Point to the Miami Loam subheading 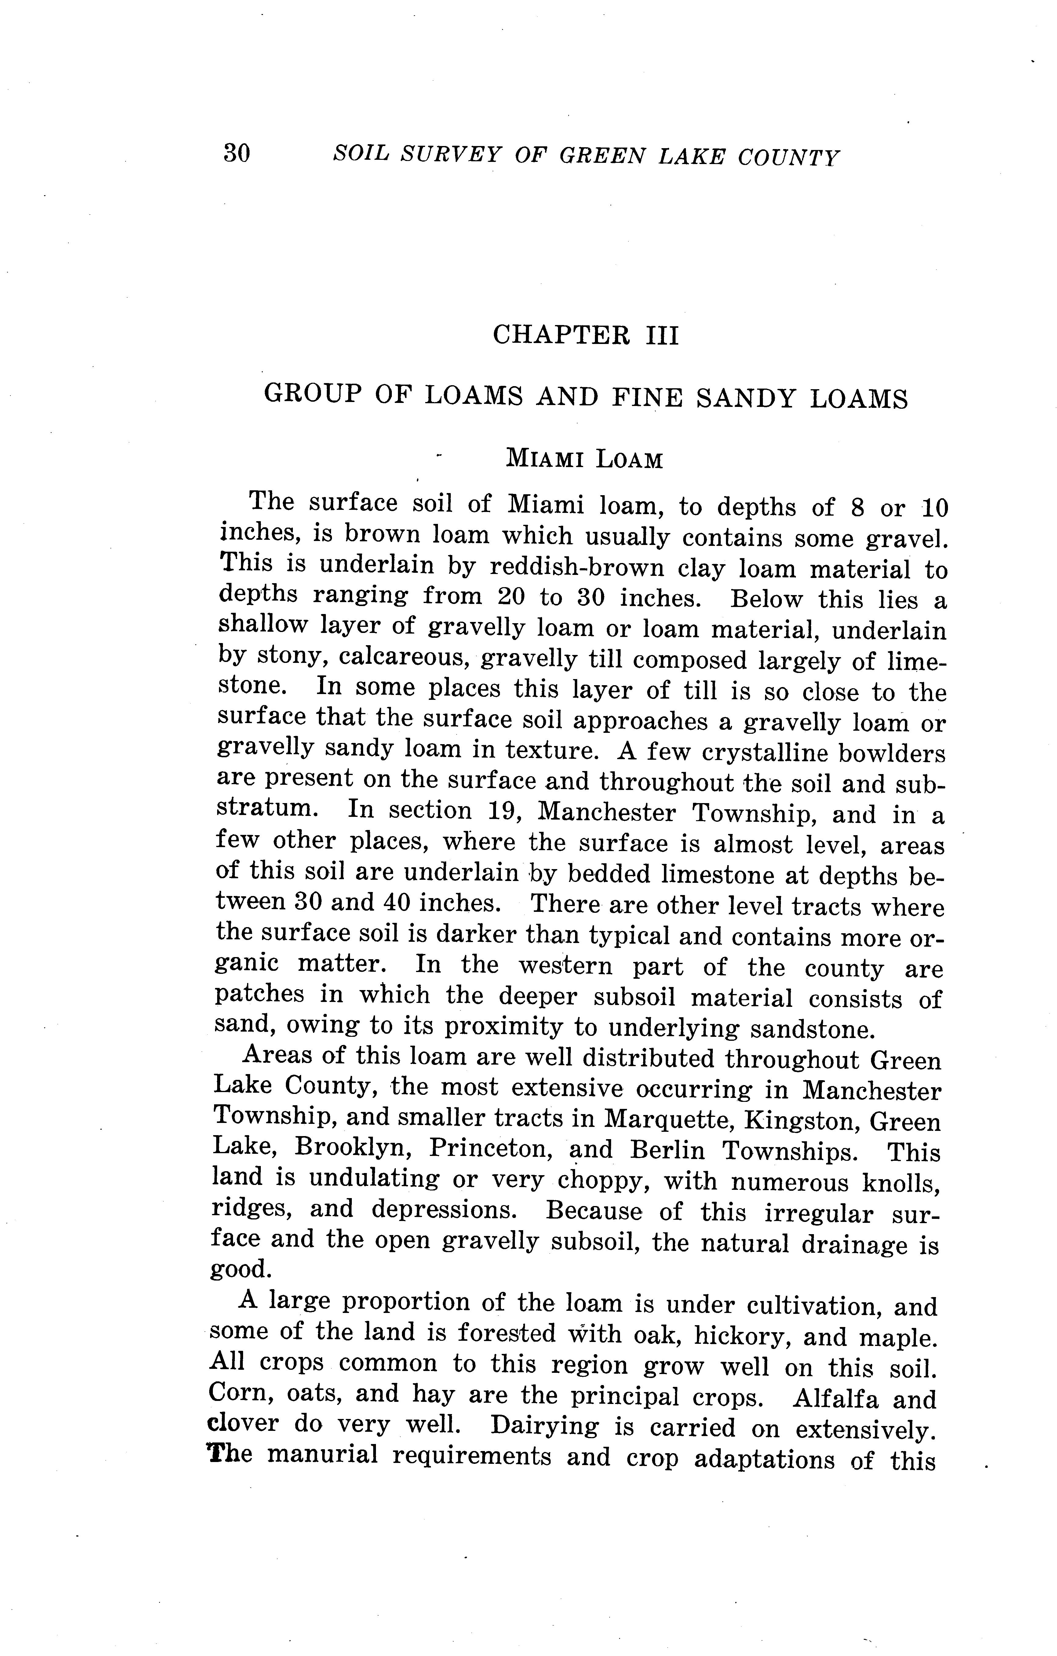click(x=585, y=459)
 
